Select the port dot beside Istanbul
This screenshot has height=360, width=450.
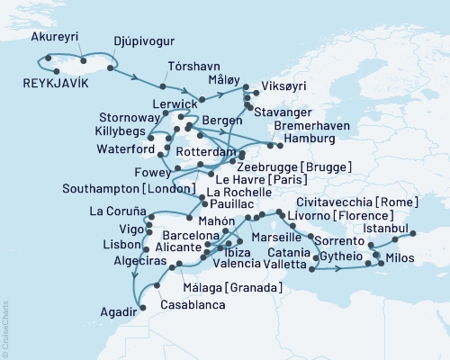point(414,234)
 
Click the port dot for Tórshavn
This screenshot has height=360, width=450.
point(163,86)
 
